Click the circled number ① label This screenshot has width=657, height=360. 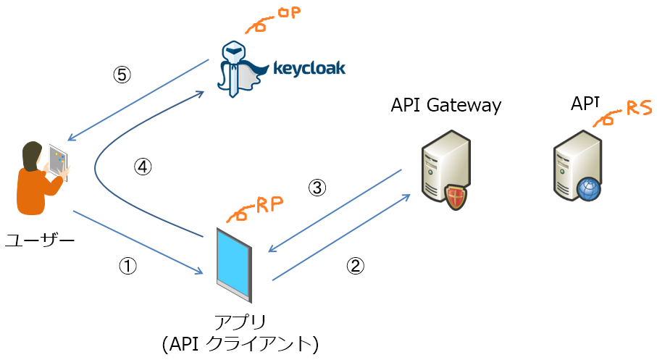coord(127,267)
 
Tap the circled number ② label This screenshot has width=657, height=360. coord(354,266)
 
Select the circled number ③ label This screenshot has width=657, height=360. coord(317,188)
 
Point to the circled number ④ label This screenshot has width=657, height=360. coord(143,167)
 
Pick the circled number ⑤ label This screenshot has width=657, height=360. coord(122,74)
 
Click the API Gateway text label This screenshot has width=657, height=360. coord(445,105)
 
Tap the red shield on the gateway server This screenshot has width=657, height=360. coord(455,196)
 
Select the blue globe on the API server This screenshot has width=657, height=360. coord(589,189)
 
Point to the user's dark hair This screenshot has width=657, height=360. coord(30,153)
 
